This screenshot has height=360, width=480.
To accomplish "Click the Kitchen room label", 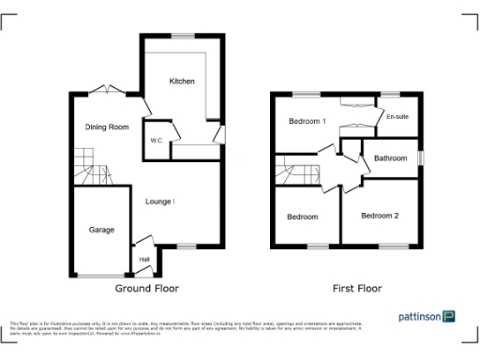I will (x=182, y=82).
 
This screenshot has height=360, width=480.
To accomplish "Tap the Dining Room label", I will (x=106, y=127).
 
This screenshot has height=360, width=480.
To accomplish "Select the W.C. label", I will (x=156, y=141).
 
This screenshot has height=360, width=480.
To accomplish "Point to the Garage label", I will (x=101, y=230).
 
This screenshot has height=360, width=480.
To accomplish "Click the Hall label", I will (x=144, y=260).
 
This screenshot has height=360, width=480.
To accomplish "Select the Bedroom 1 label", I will (x=307, y=121).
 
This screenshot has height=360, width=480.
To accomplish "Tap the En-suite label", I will (x=397, y=118).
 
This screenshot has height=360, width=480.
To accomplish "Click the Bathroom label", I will (x=391, y=158).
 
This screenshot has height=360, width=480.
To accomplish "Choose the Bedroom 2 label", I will (x=380, y=216).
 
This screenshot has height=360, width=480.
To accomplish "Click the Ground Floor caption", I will (x=146, y=289).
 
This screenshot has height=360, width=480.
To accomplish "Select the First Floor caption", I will (x=357, y=289).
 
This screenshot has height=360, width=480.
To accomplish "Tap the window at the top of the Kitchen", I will (x=182, y=36).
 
